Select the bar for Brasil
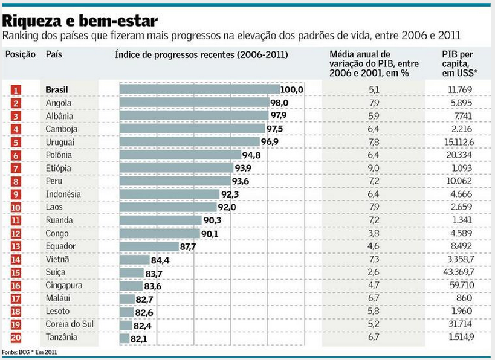point(200,89)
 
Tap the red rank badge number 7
point(16,167)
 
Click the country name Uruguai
point(60,141)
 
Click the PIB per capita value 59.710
point(463,285)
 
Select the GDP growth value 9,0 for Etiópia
point(374,167)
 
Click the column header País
point(54,54)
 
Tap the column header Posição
point(21,54)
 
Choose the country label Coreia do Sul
point(69,324)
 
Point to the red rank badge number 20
point(16,338)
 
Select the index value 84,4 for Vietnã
point(160,260)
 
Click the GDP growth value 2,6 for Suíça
point(374,272)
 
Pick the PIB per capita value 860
point(463,298)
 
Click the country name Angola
point(59,103)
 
